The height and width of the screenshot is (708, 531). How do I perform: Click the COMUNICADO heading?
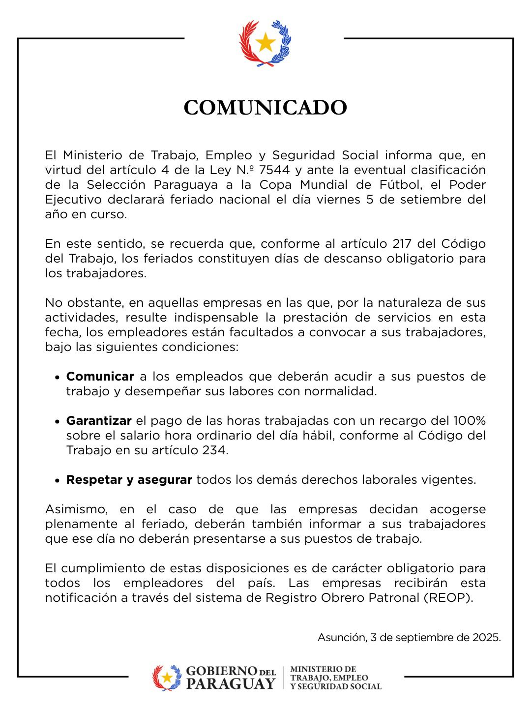tap(265, 108)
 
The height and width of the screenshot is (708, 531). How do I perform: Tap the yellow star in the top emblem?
tap(265, 43)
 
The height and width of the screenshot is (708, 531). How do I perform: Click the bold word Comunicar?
tap(100, 377)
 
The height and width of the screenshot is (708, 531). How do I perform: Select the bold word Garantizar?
tap(99, 421)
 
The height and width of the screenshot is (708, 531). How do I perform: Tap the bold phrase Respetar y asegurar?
tap(129, 480)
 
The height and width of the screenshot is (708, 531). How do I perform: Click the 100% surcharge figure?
tap(469, 421)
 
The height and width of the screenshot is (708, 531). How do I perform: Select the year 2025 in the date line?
tap(486, 638)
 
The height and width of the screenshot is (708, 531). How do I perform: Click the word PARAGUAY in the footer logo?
tap(231, 684)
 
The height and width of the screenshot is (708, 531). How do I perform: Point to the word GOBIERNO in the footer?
tap(222, 672)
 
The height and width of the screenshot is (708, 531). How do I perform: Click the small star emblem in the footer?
tap(167, 678)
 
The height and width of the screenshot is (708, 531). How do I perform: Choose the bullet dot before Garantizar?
tap(57, 422)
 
